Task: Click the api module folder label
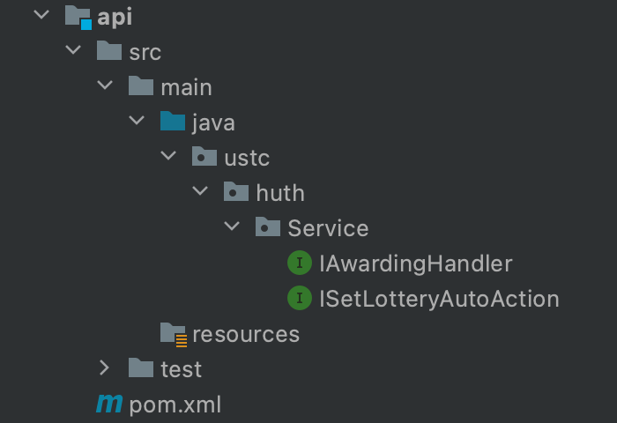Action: (115, 17)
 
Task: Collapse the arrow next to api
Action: (41, 16)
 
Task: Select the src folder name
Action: (145, 52)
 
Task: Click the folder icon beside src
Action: (108, 51)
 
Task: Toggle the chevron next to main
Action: (105, 86)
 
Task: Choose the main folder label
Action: (186, 87)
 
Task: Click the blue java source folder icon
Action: (173, 122)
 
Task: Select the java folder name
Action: (213, 122)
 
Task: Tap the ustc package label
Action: (247, 158)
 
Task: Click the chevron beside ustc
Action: (168, 157)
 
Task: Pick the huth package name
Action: (279, 193)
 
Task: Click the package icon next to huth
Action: (236, 192)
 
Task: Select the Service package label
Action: (328, 228)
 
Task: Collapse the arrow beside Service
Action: (232, 227)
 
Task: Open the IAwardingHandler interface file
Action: (415, 263)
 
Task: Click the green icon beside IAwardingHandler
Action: (300, 263)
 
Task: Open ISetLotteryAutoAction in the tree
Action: (439, 299)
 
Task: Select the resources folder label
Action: (246, 334)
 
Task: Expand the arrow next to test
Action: (105, 368)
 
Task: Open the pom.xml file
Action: (175, 404)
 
